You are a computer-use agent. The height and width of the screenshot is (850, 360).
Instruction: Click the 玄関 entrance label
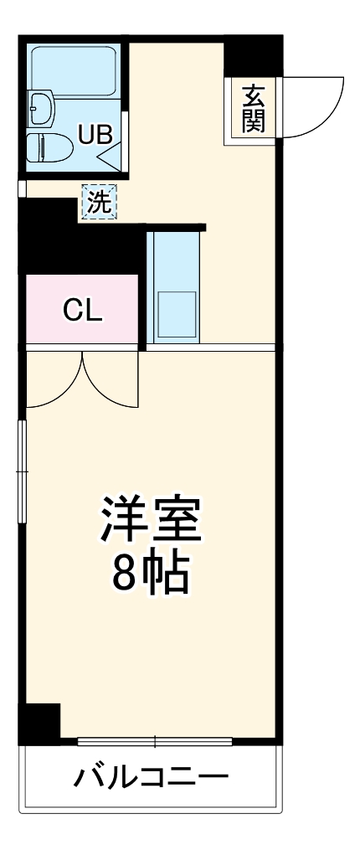pos(254,109)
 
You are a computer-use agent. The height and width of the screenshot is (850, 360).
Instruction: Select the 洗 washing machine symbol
pos(99,202)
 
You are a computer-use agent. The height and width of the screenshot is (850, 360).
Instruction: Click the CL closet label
pos(83,311)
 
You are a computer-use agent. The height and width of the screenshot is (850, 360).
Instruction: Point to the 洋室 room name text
pos(152,521)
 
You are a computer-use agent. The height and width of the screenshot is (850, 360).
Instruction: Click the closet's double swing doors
pos(81,381)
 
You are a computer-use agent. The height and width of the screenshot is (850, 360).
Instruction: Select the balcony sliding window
pos(154,740)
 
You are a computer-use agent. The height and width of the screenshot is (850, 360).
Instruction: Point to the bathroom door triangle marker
pos(114,156)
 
